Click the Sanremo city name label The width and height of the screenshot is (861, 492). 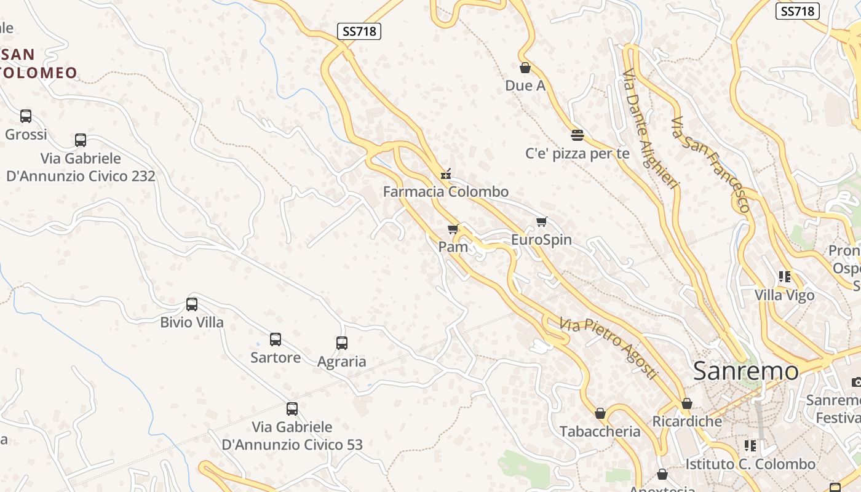point(745,371)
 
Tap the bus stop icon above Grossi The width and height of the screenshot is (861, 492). point(26,116)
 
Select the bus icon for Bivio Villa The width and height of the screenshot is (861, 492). point(192,304)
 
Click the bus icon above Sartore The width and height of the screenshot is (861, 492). point(276,339)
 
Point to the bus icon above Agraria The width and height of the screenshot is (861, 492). point(342,343)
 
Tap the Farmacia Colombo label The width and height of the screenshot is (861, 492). point(446,191)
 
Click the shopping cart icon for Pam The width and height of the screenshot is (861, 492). point(453,229)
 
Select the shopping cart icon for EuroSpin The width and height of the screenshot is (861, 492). point(541,222)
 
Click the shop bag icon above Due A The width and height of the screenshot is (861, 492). point(525,68)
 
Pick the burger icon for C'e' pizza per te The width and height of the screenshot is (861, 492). point(577,135)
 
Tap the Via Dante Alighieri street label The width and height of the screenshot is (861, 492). point(650,129)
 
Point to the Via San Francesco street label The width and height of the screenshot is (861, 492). point(711,164)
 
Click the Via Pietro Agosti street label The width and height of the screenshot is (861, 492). point(608,347)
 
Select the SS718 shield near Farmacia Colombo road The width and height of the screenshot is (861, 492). point(359,31)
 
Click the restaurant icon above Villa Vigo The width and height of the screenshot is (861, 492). point(784,277)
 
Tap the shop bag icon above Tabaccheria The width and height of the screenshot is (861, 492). point(600,413)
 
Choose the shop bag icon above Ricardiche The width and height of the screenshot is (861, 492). point(687,403)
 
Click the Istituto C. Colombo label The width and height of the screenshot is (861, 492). point(750,464)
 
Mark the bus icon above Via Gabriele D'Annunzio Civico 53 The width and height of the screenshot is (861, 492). point(292,409)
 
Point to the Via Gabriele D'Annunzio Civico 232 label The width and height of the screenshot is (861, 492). point(81,167)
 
